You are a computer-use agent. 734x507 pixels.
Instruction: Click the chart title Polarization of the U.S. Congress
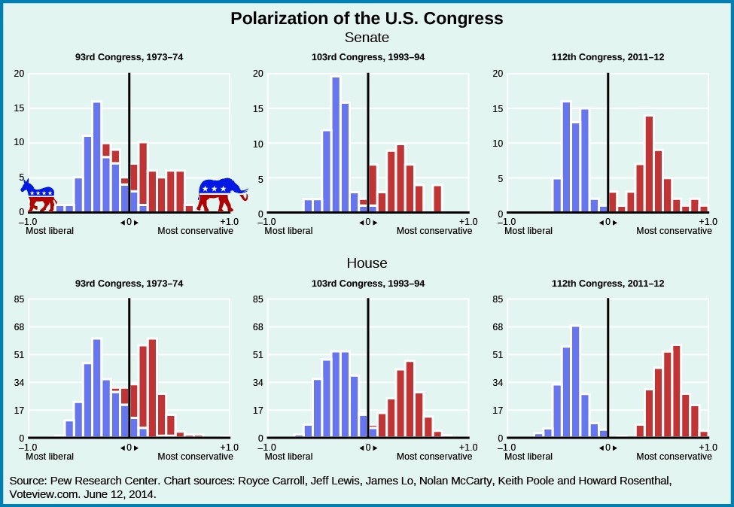click(367, 18)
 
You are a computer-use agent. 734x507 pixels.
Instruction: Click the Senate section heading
click(367, 37)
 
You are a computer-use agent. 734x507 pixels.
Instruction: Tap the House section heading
click(367, 263)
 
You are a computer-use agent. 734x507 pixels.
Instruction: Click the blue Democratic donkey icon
click(39, 196)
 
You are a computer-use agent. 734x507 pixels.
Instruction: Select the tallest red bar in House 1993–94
click(410, 399)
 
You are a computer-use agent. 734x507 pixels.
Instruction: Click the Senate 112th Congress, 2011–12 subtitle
click(608, 57)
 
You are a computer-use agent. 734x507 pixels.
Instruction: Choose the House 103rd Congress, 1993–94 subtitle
click(368, 284)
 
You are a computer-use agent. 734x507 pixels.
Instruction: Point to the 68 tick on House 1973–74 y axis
click(20, 326)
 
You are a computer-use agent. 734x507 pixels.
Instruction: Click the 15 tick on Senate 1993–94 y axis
click(258, 108)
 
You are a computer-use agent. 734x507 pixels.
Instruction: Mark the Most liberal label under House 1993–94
click(288, 457)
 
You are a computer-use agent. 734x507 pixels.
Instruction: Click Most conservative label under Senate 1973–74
click(195, 231)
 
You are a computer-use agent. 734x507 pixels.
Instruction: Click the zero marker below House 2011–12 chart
click(607, 448)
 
